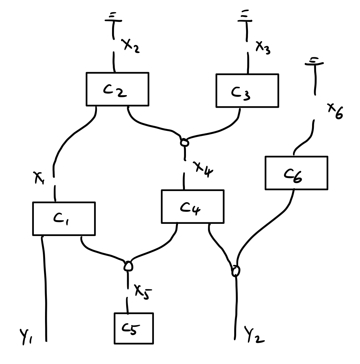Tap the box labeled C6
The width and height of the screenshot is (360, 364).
point(296,173)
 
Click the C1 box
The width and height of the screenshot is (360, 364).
point(64,219)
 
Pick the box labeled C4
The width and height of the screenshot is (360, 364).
point(192,207)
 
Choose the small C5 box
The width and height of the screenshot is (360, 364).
point(134,328)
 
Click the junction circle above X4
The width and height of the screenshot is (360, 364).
point(184,143)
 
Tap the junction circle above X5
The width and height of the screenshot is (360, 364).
point(128,266)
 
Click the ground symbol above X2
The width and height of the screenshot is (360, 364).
point(113,19)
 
